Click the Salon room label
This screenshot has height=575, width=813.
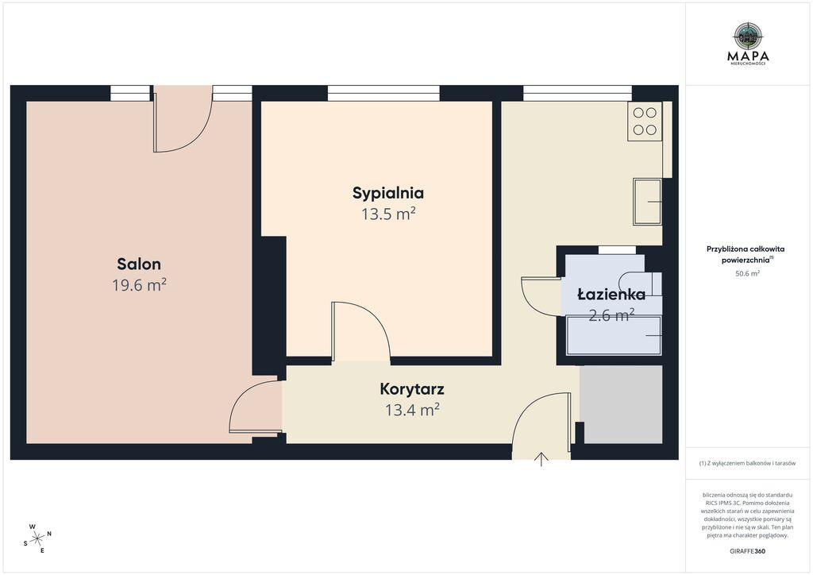coord(138,264)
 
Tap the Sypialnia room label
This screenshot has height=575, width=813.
coord(387,194)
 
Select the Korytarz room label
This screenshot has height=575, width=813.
coord(412,389)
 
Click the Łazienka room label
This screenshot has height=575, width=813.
coord(611,295)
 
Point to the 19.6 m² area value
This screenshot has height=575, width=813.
coord(139,284)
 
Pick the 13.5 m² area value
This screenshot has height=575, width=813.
coord(388,214)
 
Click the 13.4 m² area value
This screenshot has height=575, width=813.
coord(412,410)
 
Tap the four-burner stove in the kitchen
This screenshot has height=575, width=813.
coord(645,122)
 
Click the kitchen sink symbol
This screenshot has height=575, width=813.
coord(647,203)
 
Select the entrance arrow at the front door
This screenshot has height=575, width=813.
coord(541,459)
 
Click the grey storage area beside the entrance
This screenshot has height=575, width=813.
coord(621,404)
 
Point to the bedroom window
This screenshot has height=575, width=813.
coord(383,94)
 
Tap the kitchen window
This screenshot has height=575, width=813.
coord(577,94)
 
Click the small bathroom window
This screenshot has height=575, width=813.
coord(617,250)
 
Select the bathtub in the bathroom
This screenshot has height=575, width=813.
coord(614,335)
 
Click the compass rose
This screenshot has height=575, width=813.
coord(38,538)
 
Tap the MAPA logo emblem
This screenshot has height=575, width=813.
coord(748,35)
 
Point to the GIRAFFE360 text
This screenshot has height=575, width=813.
coord(747,551)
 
